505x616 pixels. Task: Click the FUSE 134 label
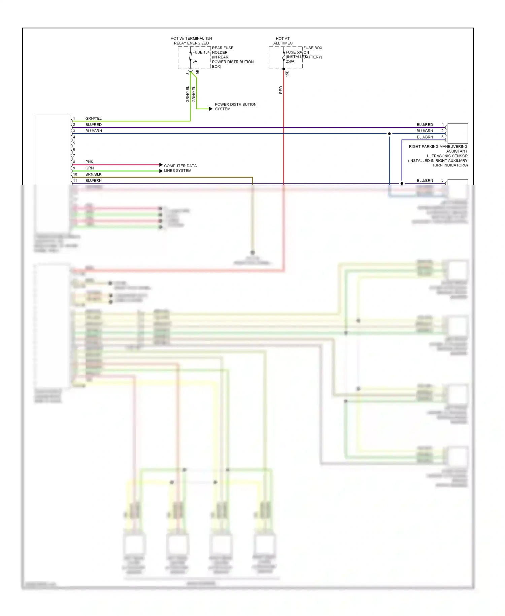(201, 52)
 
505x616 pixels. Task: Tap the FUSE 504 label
(294, 52)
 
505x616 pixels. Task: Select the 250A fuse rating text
(290, 61)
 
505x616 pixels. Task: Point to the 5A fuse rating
(195, 61)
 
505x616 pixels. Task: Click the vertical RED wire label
(281, 90)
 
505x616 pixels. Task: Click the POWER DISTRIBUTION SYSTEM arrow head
(211, 109)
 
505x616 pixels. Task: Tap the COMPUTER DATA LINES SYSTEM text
(180, 168)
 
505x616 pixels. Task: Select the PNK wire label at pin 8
(89, 162)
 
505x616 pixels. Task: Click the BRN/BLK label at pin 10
(93, 174)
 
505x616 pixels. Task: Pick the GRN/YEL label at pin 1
(93, 118)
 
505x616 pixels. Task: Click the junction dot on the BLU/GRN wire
(390, 134)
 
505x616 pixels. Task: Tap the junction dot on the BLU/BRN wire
(402, 183)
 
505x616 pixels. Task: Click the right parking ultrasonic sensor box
(458, 133)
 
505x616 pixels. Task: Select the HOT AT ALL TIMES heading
(283, 41)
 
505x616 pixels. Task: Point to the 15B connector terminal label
(287, 73)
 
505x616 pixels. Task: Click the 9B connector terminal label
(198, 72)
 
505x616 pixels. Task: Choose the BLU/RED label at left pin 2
(93, 125)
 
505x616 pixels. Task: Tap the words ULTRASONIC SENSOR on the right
(447, 156)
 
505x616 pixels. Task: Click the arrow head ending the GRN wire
(161, 171)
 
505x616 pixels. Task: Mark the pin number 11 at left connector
(75, 181)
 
